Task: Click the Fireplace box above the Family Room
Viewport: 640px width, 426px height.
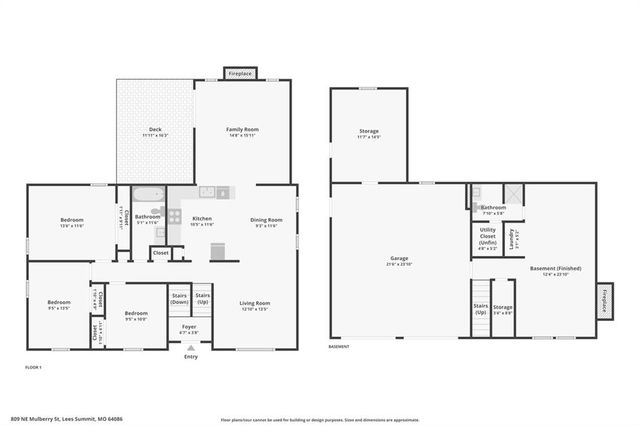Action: (240, 74)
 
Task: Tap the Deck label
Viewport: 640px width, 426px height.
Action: (155, 129)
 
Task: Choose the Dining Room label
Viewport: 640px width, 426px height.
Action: (266, 220)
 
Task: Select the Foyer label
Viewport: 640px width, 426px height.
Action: (189, 327)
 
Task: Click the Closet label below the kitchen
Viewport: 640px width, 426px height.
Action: (160, 253)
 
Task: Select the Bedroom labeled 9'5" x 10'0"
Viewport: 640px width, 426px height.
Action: (136, 315)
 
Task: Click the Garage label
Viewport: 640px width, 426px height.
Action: (399, 259)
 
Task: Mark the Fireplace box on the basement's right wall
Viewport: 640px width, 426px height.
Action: (606, 303)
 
